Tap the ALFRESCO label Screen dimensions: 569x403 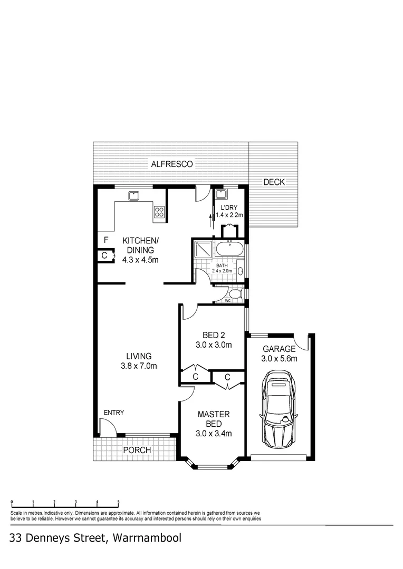click(172, 164)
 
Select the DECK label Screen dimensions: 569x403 click(274, 182)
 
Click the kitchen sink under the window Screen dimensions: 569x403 click(133, 195)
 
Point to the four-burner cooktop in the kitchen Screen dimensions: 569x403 click(159, 212)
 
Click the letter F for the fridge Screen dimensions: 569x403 click(106, 240)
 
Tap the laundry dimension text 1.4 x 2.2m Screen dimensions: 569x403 click(229, 215)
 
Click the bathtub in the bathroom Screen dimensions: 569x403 click(229, 249)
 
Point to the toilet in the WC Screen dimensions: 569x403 click(235, 293)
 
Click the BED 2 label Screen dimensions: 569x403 click(214, 335)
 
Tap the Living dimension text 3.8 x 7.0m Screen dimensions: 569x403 click(139, 366)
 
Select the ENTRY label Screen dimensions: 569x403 click(113, 413)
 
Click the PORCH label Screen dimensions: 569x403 click(137, 450)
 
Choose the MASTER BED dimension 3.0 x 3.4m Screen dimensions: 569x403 click(214, 434)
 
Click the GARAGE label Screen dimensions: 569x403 click(280, 349)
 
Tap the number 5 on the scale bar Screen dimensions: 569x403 click(118, 502)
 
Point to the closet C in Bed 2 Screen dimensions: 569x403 click(195, 377)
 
